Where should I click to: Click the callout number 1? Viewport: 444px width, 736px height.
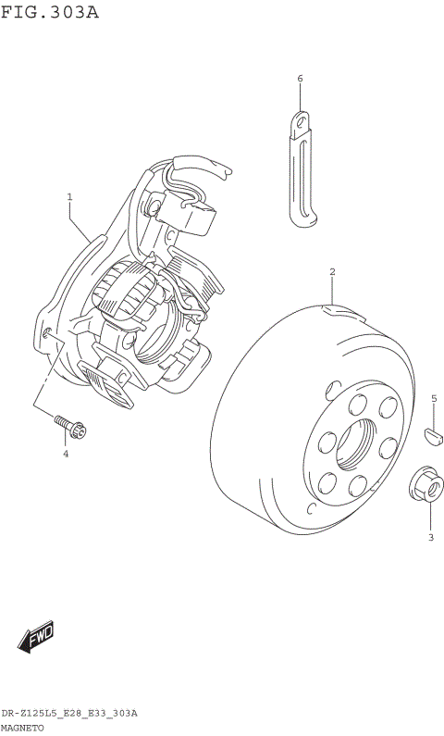pyautogui.click(x=69, y=197)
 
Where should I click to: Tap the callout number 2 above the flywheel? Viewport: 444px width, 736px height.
pyautogui.click(x=332, y=271)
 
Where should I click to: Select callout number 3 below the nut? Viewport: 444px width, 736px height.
pyautogui.click(x=431, y=538)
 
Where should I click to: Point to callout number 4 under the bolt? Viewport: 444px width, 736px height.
pyautogui.click(x=66, y=454)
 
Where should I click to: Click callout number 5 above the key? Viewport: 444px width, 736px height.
pyautogui.click(x=434, y=399)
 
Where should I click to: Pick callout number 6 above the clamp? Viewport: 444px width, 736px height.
pyautogui.click(x=300, y=79)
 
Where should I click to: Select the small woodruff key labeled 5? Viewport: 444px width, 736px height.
pyautogui.click(x=433, y=436)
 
